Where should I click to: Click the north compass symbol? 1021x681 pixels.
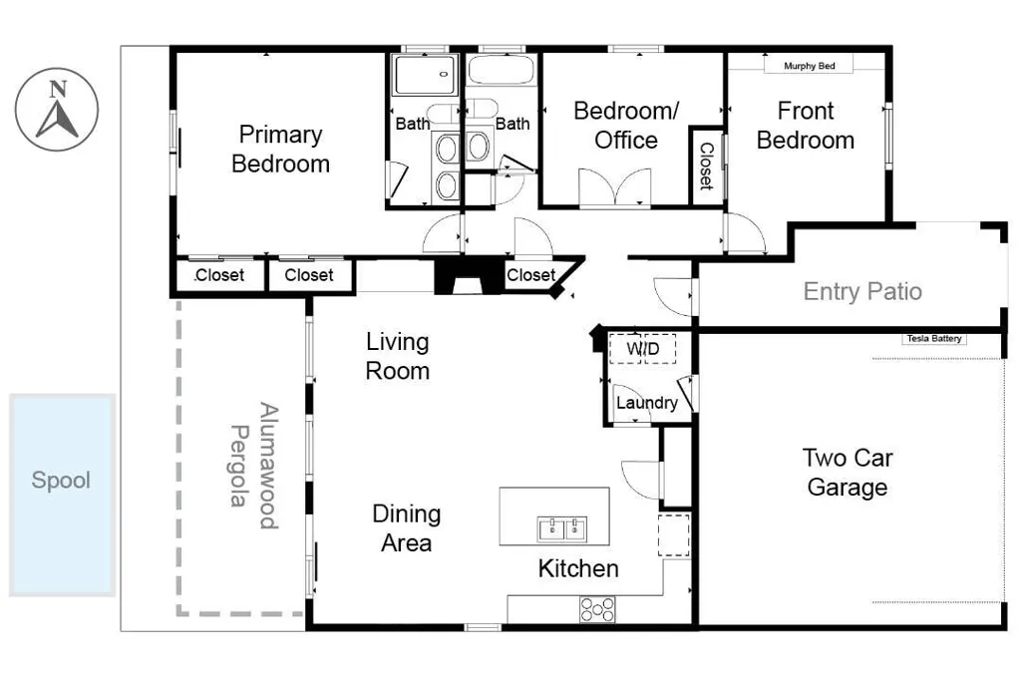(57, 110)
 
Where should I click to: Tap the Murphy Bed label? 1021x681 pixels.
(809, 66)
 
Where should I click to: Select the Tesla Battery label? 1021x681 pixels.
(933, 339)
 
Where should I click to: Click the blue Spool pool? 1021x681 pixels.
(62, 495)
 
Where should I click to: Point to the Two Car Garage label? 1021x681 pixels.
(848, 472)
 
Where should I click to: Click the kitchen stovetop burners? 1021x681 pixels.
(597, 609)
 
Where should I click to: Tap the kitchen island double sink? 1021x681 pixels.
(562, 529)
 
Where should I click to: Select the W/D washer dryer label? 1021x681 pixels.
(643, 349)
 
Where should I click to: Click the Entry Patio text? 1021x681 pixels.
(862, 291)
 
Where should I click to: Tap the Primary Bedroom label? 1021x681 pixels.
(280, 150)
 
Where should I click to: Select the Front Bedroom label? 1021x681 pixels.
(806, 126)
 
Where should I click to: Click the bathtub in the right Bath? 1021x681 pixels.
(502, 70)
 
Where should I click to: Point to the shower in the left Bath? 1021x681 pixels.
(425, 74)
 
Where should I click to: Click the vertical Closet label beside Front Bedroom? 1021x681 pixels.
(707, 167)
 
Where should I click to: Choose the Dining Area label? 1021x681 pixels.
(407, 528)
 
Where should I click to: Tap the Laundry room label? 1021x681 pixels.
(646, 403)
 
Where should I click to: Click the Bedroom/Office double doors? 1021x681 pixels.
(614, 187)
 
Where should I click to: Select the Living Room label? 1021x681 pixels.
(397, 356)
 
